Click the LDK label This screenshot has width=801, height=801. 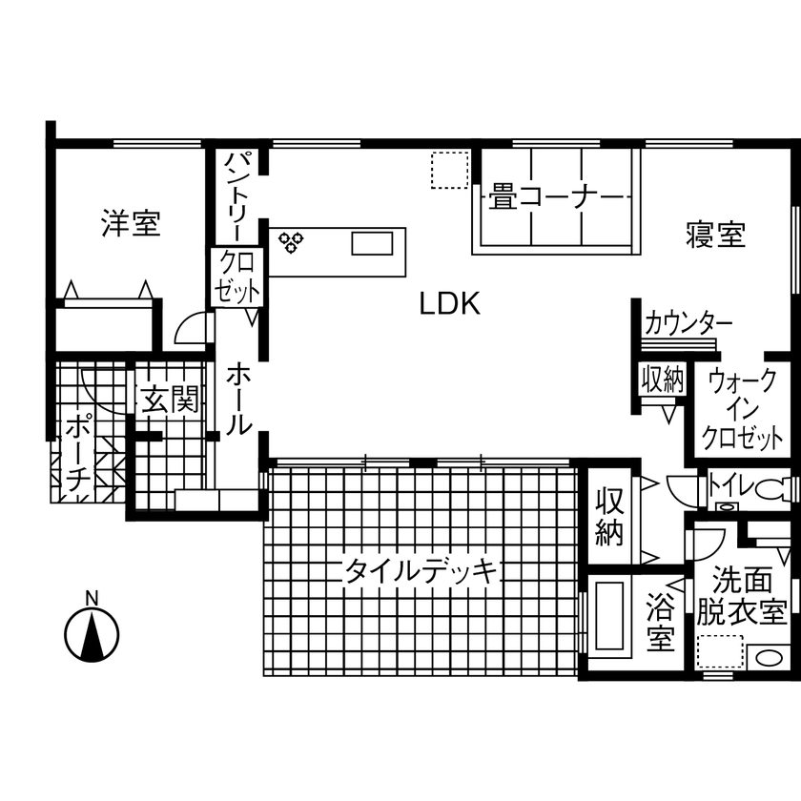coord(449,304)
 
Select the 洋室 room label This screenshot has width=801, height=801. coord(131,225)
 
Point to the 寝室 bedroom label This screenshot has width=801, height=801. coord(715,234)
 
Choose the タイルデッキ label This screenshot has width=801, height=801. coord(421,572)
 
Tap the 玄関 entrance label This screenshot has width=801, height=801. coord(170,400)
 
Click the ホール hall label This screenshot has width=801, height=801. coord(238,400)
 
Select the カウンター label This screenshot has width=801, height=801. coord(688,322)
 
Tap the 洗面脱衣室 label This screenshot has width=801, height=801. coord(741,595)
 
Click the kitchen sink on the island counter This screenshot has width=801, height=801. coord(372,243)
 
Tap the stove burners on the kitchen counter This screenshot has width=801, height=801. coord(291,240)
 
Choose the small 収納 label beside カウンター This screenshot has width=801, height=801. coord(662,380)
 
